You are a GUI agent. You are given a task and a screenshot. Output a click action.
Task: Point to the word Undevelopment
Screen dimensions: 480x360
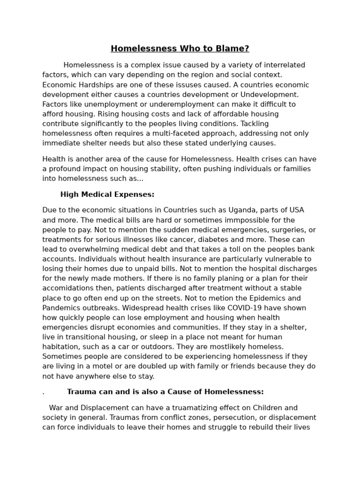pyautogui.click(x=272, y=94)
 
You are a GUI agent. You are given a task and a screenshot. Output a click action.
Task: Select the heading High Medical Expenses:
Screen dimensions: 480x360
pyautogui.click(x=107, y=195)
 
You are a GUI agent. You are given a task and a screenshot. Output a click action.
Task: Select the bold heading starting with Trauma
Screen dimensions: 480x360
pyautogui.click(x=165, y=392)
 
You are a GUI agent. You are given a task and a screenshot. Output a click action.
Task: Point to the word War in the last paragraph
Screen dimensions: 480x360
pyautogui.click(x=56, y=408)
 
